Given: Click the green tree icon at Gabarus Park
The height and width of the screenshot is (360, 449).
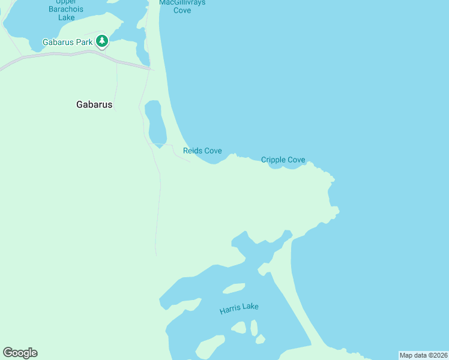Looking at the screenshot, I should [x=103, y=41].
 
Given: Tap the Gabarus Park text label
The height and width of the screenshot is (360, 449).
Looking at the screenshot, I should [x=68, y=42].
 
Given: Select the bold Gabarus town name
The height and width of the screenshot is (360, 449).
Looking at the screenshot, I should [x=94, y=104].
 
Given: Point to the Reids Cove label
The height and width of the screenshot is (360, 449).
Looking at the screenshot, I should [x=202, y=151].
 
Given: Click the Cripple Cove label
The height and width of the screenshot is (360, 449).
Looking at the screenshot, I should [x=283, y=160].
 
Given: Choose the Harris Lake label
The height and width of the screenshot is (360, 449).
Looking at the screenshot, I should [x=239, y=308].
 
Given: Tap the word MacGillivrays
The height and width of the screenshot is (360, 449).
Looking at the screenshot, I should [x=182, y=2].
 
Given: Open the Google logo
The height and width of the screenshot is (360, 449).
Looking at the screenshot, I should [x=20, y=353].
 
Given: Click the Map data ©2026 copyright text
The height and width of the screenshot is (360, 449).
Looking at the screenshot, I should [x=423, y=355].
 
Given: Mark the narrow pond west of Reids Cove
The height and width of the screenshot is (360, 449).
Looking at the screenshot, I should [x=155, y=123].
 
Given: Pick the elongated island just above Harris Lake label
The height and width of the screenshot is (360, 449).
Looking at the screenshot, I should [x=234, y=289].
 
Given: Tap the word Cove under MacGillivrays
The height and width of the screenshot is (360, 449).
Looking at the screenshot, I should [x=182, y=10].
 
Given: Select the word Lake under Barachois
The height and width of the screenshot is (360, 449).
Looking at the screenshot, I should [x=67, y=17].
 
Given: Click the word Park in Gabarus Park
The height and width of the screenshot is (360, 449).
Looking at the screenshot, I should [x=84, y=42].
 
